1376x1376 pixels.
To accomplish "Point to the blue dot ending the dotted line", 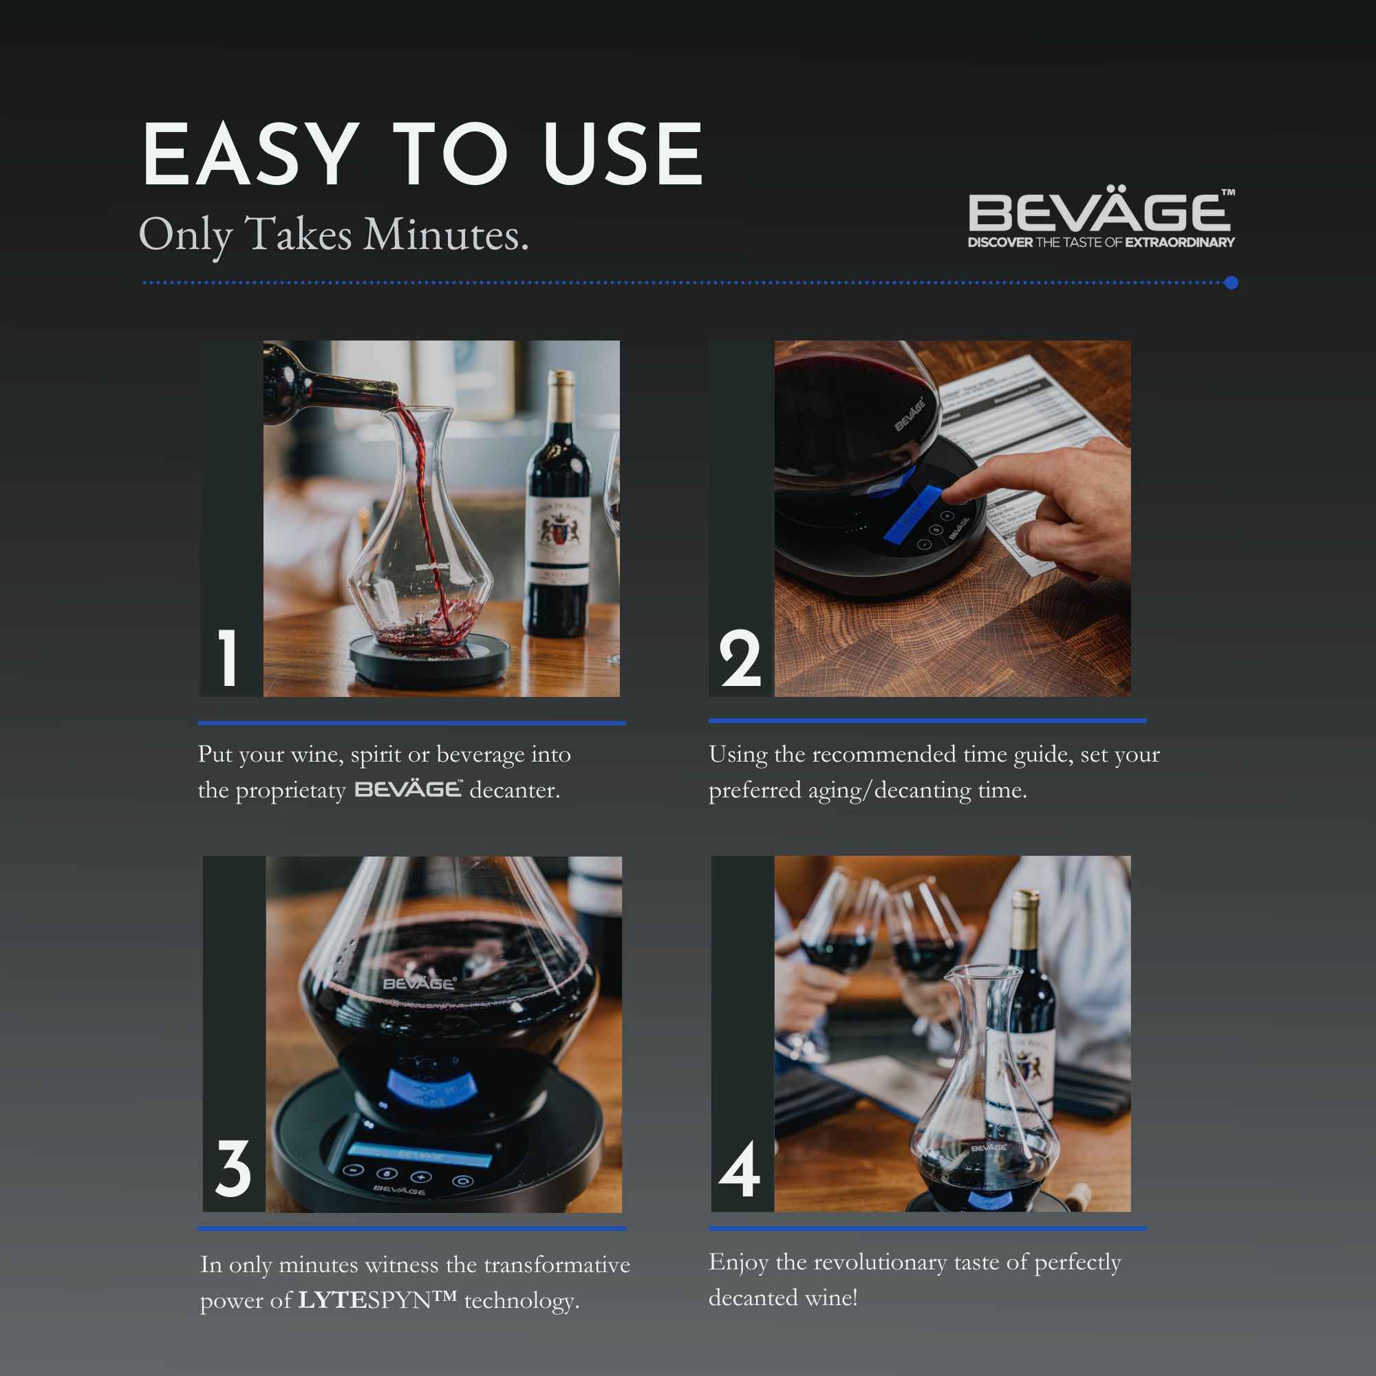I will click(1231, 283).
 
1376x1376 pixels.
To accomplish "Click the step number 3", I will click(233, 1168).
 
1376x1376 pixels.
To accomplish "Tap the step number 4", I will click(740, 1169).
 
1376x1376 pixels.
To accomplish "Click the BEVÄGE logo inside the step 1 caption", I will click(408, 789).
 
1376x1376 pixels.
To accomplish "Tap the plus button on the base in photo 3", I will click(422, 1176).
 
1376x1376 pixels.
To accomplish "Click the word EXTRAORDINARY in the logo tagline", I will click(1179, 242).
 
